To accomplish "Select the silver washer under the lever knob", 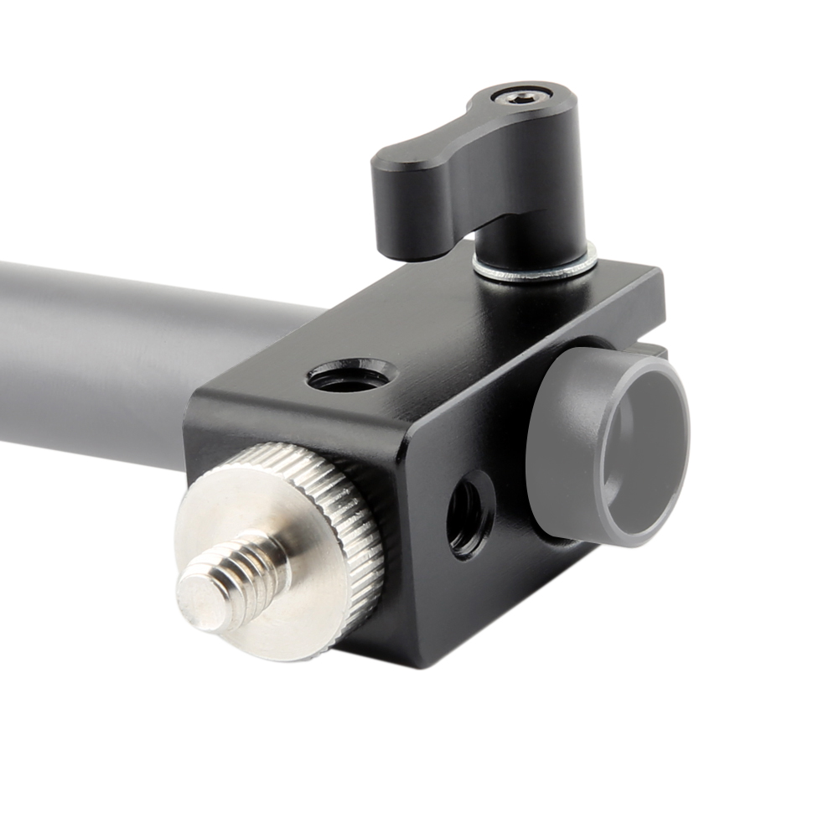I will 536,267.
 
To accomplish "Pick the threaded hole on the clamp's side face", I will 470,513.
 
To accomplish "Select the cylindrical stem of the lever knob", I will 520,239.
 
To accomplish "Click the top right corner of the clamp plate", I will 658,277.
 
